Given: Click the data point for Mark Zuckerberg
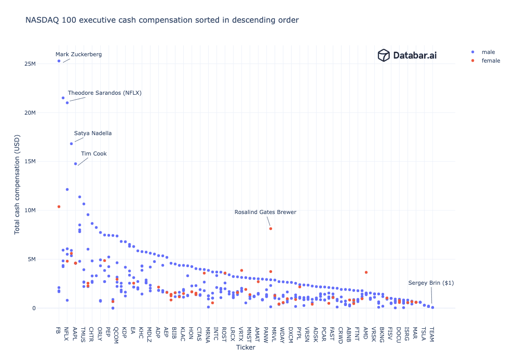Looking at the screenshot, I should (x=59, y=61).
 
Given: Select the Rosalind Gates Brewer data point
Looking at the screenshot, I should (x=271, y=229).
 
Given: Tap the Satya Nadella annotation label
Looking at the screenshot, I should (x=93, y=133).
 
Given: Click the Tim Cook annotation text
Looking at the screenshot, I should (x=94, y=154).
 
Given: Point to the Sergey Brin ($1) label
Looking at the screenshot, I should (x=431, y=283).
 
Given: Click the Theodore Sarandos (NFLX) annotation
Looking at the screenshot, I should (x=105, y=93).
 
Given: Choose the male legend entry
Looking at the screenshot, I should (x=488, y=52).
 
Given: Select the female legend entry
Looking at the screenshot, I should (x=490, y=61).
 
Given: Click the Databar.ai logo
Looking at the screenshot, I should (x=407, y=55).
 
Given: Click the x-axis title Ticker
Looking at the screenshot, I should (x=245, y=347).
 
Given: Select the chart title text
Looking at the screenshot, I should (x=162, y=20).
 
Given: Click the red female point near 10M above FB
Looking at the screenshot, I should (x=59, y=207).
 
